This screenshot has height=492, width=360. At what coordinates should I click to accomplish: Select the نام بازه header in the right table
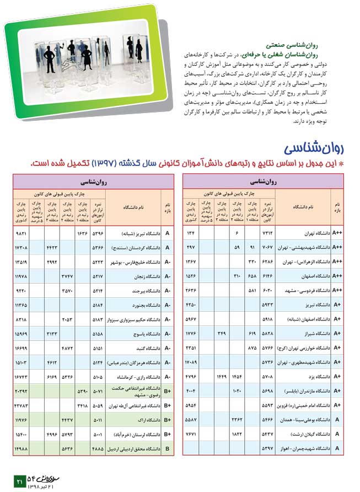(x=337, y=207)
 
